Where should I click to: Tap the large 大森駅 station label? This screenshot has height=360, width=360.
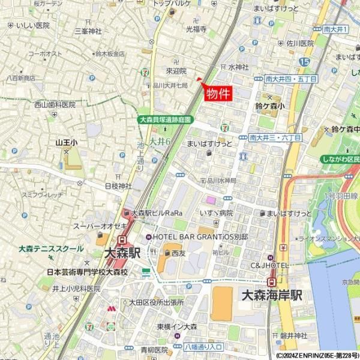[x=122, y=254]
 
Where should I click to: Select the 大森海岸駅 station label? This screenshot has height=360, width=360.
[x=271, y=295]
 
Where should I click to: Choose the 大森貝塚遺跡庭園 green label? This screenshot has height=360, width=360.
[x=164, y=119]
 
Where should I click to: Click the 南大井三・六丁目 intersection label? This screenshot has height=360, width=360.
[x=275, y=137]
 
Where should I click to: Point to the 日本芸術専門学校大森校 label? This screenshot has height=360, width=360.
[x=88, y=272]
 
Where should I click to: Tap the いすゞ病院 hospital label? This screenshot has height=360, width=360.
[x=217, y=213]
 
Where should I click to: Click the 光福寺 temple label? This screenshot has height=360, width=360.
[x=196, y=28]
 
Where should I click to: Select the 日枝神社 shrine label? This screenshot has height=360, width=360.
[x=118, y=186]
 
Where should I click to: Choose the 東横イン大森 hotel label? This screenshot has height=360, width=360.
[x=177, y=326]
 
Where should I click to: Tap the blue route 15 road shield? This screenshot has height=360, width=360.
[x=305, y=61]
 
